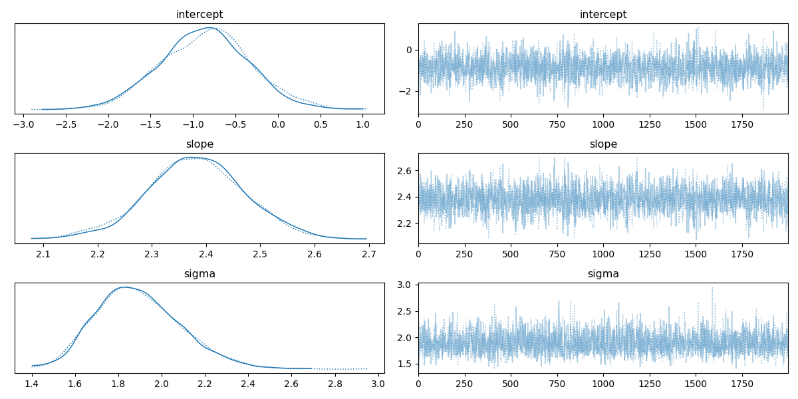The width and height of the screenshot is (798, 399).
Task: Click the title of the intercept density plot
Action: click(199, 15)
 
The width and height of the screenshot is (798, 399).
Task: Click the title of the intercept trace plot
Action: click(603, 15)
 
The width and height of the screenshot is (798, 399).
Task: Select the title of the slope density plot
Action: click(199, 144)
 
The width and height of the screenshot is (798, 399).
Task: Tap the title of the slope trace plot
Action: click(603, 144)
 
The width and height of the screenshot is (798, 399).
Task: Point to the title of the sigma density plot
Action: click(199, 274)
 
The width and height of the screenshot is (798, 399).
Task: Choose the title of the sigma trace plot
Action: click(603, 274)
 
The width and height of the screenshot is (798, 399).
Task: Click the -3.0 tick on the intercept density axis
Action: click(23, 124)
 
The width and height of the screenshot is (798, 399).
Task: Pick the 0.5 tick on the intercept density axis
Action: click(321, 124)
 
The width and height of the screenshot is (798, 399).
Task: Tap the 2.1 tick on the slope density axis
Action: click(43, 253)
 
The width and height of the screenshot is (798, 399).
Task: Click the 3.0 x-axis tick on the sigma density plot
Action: click(378, 383)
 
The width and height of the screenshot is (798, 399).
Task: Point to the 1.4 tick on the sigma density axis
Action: click(32, 383)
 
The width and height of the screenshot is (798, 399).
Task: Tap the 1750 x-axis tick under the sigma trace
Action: click(741, 383)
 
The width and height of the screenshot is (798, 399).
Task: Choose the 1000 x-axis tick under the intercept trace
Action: click(603, 124)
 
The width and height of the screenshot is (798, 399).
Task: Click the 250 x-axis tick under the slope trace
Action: click(464, 253)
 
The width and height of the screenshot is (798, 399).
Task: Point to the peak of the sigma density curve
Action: click(124, 287)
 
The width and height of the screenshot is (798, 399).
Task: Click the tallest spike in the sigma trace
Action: click(712, 287)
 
